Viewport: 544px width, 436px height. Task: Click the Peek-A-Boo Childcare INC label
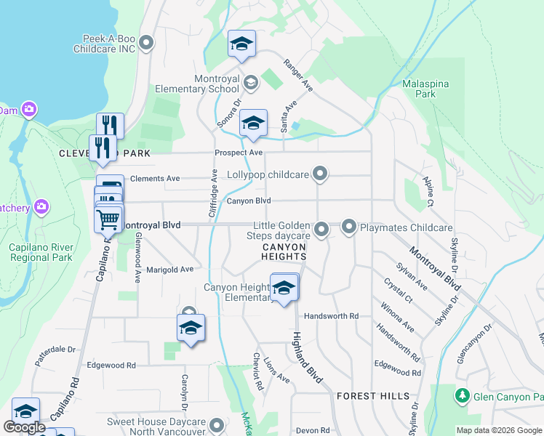click(x=105, y=44)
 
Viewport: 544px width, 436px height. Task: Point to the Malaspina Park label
click(x=425, y=89)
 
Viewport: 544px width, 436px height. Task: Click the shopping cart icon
click(x=108, y=218)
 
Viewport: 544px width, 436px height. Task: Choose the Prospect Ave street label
click(x=238, y=153)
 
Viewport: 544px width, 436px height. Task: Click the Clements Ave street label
click(x=154, y=178)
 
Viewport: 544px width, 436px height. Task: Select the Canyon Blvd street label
click(x=248, y=201)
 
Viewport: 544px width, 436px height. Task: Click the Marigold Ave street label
click(x=170, y=269)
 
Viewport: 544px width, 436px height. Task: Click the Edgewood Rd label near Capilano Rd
click(x=111, y=366)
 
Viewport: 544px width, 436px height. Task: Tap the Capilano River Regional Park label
click(x=41, y=252)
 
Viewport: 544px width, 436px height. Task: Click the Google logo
click(x=25, y=427)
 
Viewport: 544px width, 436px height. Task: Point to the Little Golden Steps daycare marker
click(x=321, y=230)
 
